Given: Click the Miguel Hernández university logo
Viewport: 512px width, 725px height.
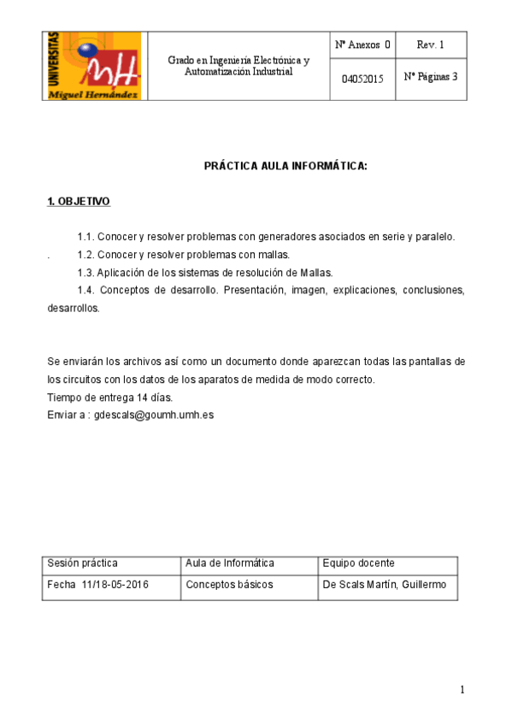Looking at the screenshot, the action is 94,66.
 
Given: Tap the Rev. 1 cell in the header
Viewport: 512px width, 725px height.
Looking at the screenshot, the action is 430,44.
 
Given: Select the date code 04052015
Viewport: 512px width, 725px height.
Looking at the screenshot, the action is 362,78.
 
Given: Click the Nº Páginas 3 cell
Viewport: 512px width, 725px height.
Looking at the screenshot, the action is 430,76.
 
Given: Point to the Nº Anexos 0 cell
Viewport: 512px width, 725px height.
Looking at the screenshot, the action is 362,44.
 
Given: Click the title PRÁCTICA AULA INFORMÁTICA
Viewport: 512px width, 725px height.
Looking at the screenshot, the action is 285,165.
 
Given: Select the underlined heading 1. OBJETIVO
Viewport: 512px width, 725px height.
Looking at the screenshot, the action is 78,202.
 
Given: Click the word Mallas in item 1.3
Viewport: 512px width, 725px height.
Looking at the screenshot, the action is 314,272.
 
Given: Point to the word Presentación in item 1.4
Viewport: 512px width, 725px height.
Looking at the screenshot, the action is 250,290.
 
